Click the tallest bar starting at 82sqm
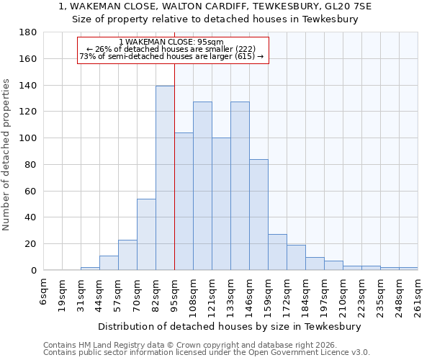coord(165,178)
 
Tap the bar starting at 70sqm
coord(146,234)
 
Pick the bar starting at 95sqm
coord(184,202)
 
